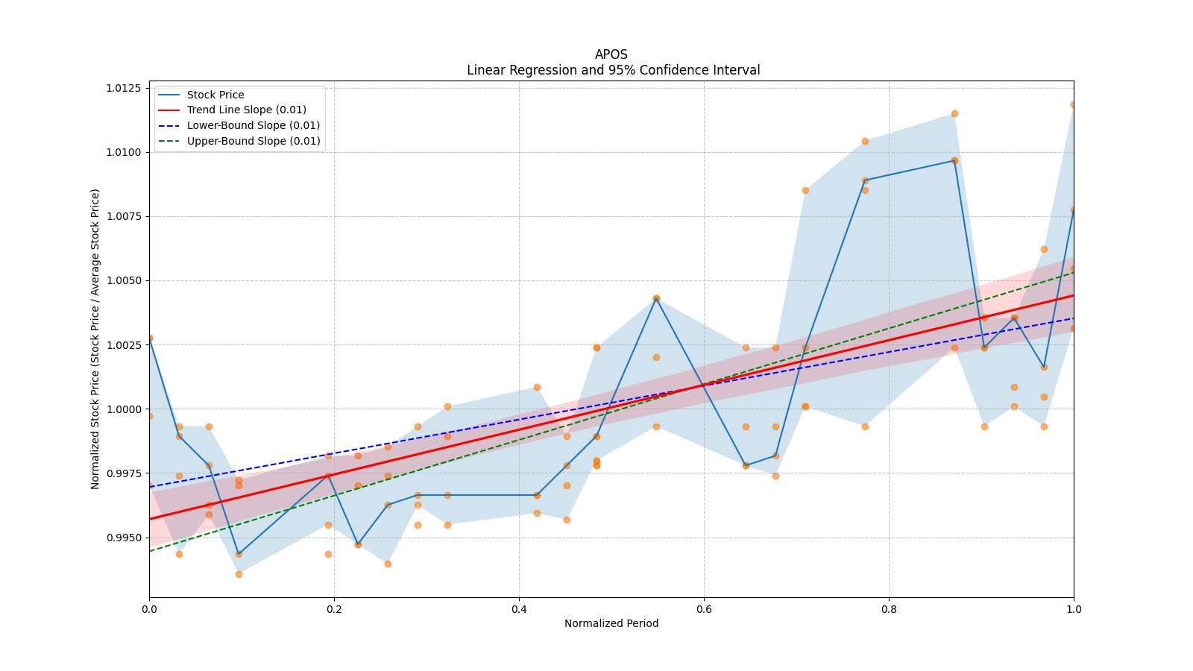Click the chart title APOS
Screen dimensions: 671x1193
(x=611, y=54)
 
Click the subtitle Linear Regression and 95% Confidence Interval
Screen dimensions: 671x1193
(x=613, y=70)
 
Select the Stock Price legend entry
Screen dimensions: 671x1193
(x=215, y=95)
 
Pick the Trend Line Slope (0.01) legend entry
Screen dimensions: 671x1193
(x=246, y=110)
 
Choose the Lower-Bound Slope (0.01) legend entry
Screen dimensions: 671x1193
(x=253, y=125)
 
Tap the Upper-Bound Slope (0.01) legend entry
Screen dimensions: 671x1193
(x=253, y=141)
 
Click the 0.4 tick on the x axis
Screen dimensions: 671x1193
(x=519, y=609)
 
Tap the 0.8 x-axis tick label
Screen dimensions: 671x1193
(x=889, y=609)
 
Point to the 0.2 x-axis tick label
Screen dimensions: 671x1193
(x=334, y=609)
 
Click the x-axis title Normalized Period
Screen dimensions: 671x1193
(x=611, y=623)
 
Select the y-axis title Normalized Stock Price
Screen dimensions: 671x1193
(x=95, y=338)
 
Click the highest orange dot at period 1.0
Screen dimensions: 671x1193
(x=1073, y=104)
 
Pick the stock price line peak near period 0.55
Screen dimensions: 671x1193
(x=656, y=298)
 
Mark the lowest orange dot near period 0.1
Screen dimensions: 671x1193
(x=239, y=574)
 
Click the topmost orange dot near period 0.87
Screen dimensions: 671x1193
(x=954, y=113)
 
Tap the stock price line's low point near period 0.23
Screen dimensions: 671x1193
(x=358, y=544)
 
